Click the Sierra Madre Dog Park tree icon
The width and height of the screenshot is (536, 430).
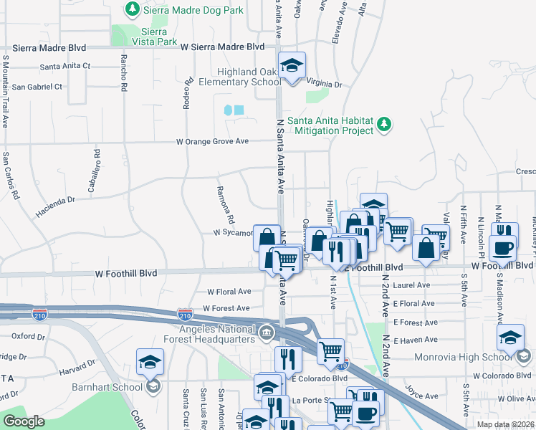click(x=132, y=9)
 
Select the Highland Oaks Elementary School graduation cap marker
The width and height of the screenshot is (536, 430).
click(x=292, y=66)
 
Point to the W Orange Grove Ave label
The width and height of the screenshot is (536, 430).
click(x=213, y=141)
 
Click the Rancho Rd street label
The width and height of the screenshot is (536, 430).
click(x=124, y=72)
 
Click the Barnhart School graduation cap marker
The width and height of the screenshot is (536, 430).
click(x=151, y=363)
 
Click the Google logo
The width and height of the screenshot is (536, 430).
click(x=24, y=421)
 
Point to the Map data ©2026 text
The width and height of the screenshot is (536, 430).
click(x=504, y=424)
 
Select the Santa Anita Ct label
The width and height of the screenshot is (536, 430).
click(x=65, y=66)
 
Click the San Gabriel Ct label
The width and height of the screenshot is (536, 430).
click(x=37, y=87)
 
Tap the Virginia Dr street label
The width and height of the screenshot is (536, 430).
click(x=324, y=83)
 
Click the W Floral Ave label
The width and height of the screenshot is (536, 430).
click(x=229, y=292)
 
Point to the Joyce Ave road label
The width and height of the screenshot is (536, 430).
click(x=421, y=393)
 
